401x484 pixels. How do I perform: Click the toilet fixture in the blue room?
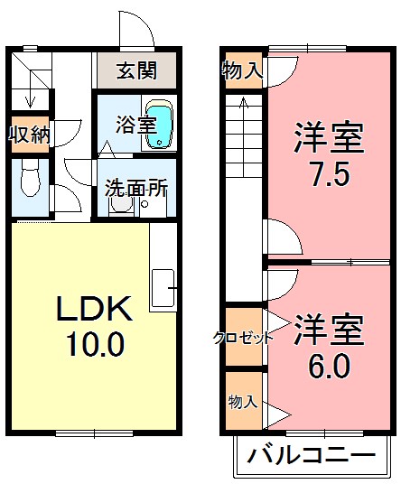[x=28, y=182]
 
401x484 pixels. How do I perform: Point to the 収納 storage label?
[x=29, y=134]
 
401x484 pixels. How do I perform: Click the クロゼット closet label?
[x=243, y=339]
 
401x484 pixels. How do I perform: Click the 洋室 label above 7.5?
[x=328, y=138]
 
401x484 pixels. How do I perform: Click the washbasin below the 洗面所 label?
[x=121, y=206]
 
